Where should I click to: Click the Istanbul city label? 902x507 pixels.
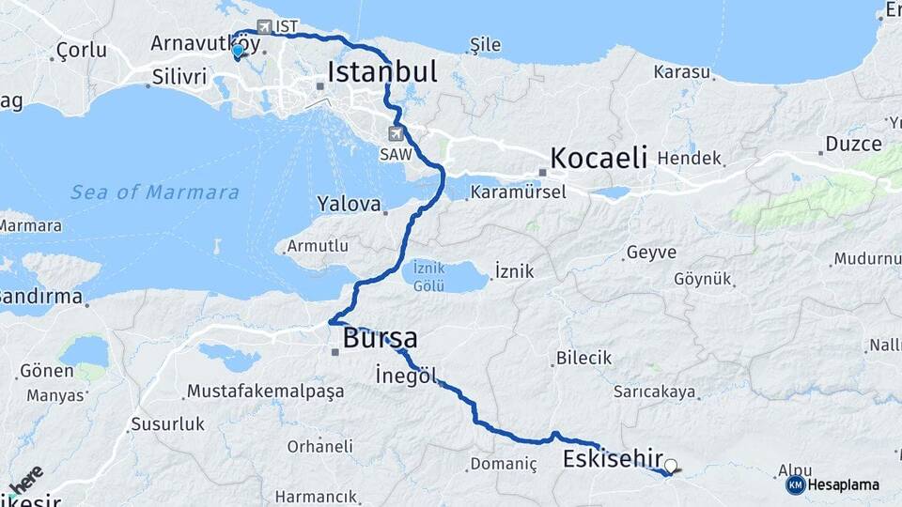tap(382, 72)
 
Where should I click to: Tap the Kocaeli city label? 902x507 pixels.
tap(599, 158)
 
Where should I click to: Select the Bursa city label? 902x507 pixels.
tap(381, 338)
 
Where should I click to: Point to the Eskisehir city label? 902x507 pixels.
tap(613, 459)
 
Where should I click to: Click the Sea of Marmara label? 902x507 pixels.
tap(155, 192)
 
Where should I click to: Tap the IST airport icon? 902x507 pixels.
tap(264, 27)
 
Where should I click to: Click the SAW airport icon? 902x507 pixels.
tap(397, 134)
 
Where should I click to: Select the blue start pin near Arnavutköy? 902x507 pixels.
tap(239, 51)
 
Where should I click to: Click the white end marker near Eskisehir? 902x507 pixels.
tap(671, 465)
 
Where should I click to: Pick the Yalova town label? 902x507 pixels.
tap(350, 204)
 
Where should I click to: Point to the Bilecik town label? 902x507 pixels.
tap(583, 358)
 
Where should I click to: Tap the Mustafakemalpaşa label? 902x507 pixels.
tap(265, 392)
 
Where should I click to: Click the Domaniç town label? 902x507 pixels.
tap(503, 465)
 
